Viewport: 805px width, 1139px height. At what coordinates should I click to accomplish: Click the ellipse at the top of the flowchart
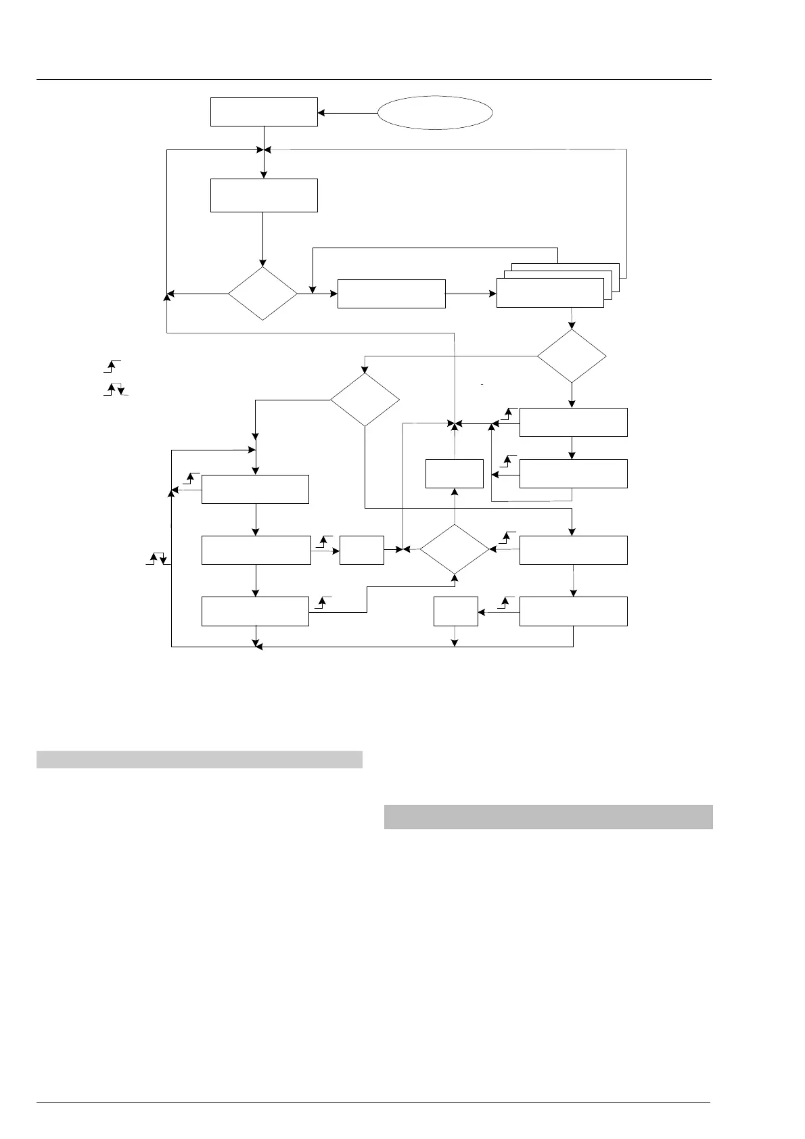(434, 112)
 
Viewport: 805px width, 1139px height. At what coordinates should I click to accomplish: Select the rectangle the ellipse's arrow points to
(264, 112)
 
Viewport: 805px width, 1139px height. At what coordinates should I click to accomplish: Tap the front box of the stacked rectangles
(550, 293)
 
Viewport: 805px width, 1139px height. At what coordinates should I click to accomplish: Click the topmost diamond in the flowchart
(262, 294)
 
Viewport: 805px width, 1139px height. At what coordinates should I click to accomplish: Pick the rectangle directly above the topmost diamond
(264, 195)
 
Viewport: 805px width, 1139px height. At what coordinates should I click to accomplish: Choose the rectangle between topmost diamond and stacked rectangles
(391, 294)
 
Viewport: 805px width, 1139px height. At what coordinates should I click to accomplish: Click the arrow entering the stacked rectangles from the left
(471, 294)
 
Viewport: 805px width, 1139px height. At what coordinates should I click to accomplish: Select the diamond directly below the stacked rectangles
(572, 356)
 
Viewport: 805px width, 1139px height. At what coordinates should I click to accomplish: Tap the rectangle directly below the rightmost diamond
(573, 422)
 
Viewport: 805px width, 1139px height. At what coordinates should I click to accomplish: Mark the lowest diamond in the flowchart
(455, 550)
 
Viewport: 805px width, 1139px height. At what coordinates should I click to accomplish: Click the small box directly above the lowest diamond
(455, 473)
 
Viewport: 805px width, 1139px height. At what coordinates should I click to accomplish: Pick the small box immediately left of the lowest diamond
(361, 550)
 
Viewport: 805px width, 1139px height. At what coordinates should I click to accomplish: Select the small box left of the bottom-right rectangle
(455, 611)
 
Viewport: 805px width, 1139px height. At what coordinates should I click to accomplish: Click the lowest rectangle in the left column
(255, 611)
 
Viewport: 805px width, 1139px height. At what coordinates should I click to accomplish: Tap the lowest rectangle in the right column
(573, 611)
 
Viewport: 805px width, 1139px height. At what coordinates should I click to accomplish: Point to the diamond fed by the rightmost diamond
(365, 400)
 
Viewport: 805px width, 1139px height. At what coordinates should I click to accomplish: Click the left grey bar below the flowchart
(200, 760)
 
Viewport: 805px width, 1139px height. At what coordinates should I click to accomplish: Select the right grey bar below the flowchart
(548, 816)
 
